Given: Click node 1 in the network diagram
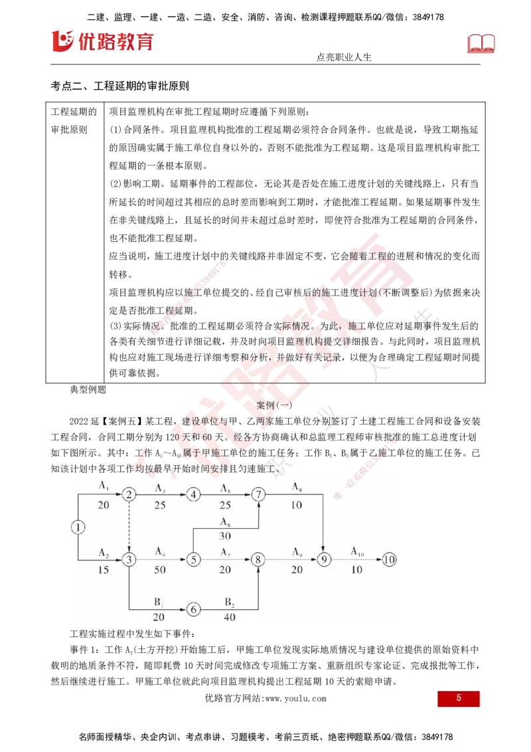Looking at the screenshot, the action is click(78, 527).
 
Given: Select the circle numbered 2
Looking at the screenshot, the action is click(129, 494).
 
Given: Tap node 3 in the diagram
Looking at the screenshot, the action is click(129, 560).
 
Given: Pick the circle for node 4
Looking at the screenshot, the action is click(193, 494).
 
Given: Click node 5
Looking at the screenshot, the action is click(193, 560).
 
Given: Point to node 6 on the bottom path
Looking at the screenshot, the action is click(193, 609).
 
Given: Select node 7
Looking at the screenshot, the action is click(258, 494).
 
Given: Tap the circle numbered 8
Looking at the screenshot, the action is click(258, 560).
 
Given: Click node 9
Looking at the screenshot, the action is click(324, 560).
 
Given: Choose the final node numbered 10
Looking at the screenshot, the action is click(389, 560).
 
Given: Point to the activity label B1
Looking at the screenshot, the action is click(159, 603).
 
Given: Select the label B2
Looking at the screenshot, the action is click(229, 603).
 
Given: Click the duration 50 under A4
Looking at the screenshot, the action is click(160, 570).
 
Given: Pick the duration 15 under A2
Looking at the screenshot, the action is click(104, 570).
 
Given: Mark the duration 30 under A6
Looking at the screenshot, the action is click(225, 537).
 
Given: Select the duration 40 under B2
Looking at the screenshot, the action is click(229, 617).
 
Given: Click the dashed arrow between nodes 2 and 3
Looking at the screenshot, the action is click(129, 527).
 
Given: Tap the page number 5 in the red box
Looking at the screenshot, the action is click(459, 699).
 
